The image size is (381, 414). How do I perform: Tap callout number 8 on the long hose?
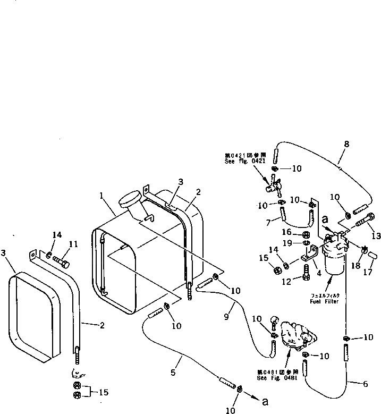346,144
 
